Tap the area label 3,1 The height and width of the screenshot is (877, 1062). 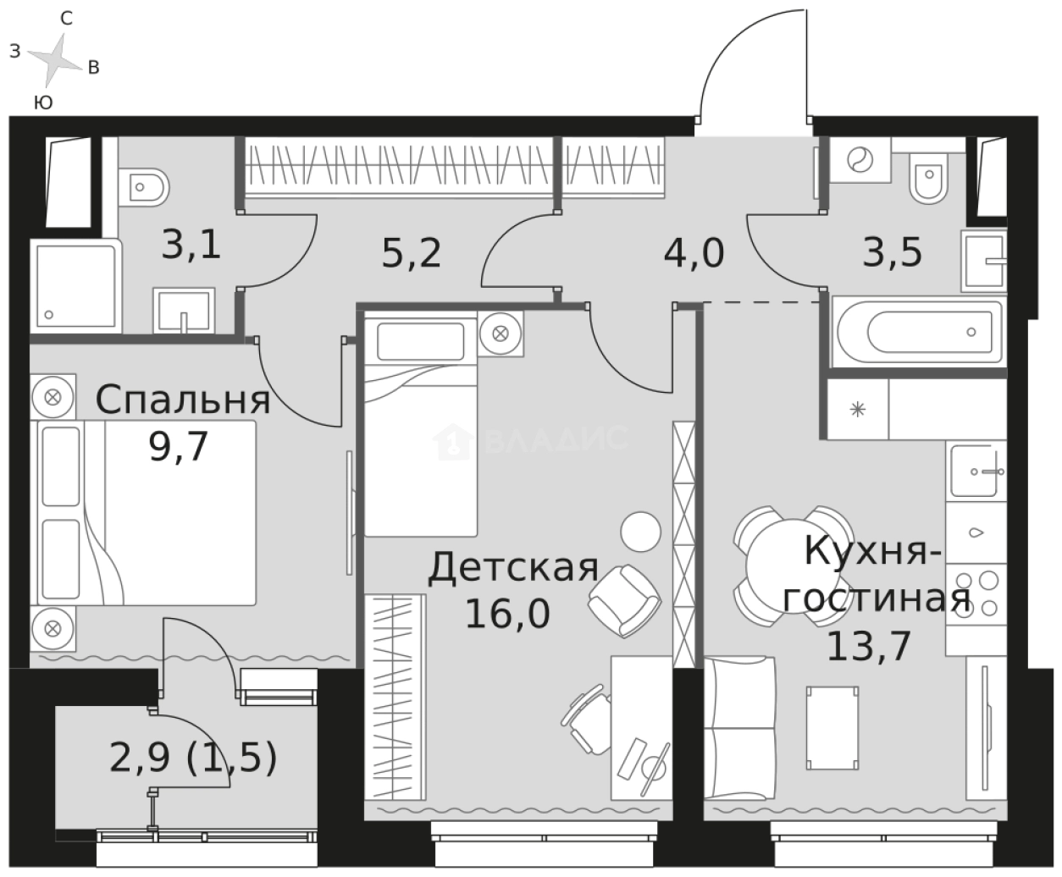coord(191,246)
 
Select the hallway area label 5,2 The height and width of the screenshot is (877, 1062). coord(412,253)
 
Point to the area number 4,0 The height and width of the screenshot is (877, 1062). coord(694,253)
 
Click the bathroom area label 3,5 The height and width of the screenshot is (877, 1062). coord(892,253)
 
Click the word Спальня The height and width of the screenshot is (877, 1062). coord(183,400)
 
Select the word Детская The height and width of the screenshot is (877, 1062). coord(513,568)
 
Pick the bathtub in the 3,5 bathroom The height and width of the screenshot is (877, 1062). coord(919,331)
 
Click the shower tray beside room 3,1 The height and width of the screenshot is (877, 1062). coord(75,285)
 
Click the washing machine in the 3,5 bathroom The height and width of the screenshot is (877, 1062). coord(859,160)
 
